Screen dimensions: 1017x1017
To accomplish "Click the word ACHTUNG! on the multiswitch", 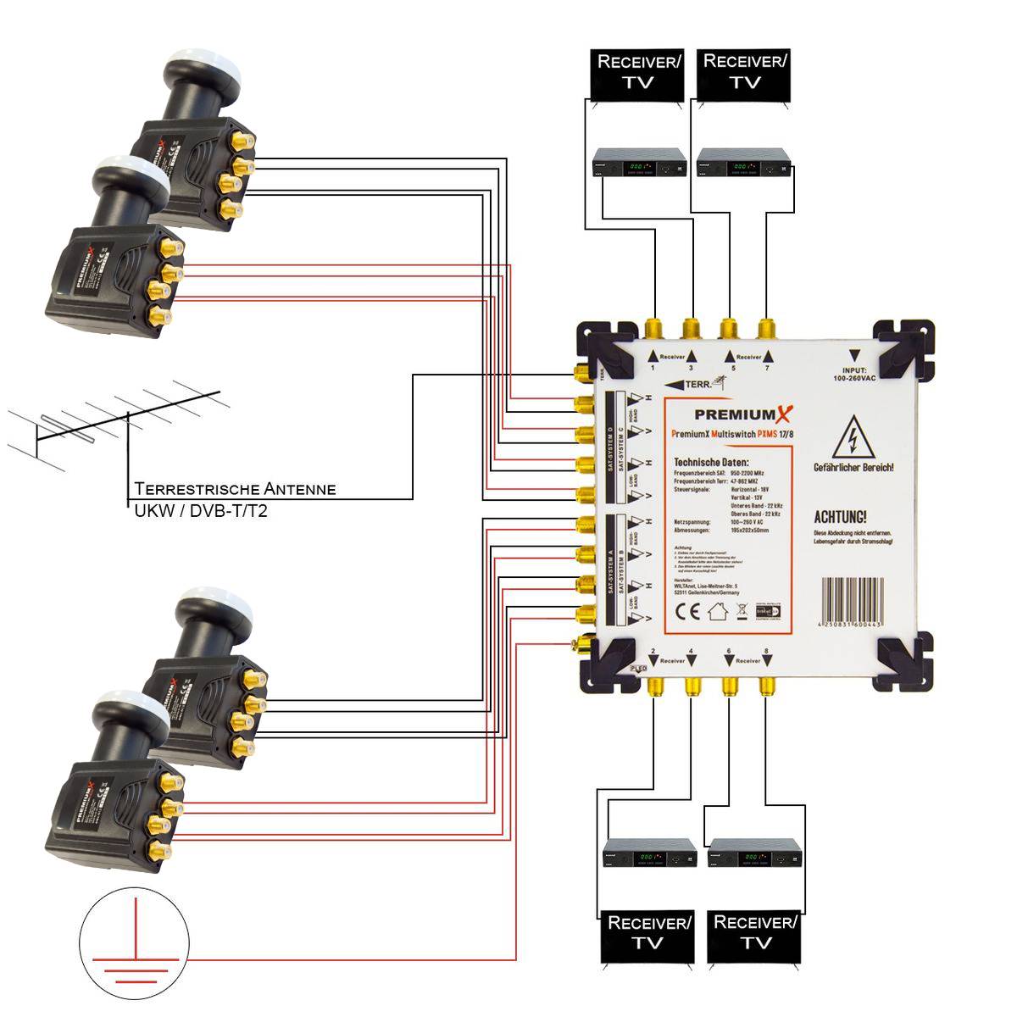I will [x=840, y=517].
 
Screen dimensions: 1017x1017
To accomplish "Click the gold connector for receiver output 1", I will [x=654, y=328].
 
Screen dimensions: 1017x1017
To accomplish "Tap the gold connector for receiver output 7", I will [x=766, y=328].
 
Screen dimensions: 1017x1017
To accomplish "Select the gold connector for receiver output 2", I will [x=654, y=685].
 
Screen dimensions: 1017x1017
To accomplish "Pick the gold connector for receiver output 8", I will [x=766, y=685].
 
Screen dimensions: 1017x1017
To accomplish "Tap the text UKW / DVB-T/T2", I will [x=201, y=511].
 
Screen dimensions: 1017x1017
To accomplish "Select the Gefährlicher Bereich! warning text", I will [x=853, y=468].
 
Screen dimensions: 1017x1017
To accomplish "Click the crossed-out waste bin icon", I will [x=740, y=611].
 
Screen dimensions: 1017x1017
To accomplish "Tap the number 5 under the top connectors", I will [x=733, y=368].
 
